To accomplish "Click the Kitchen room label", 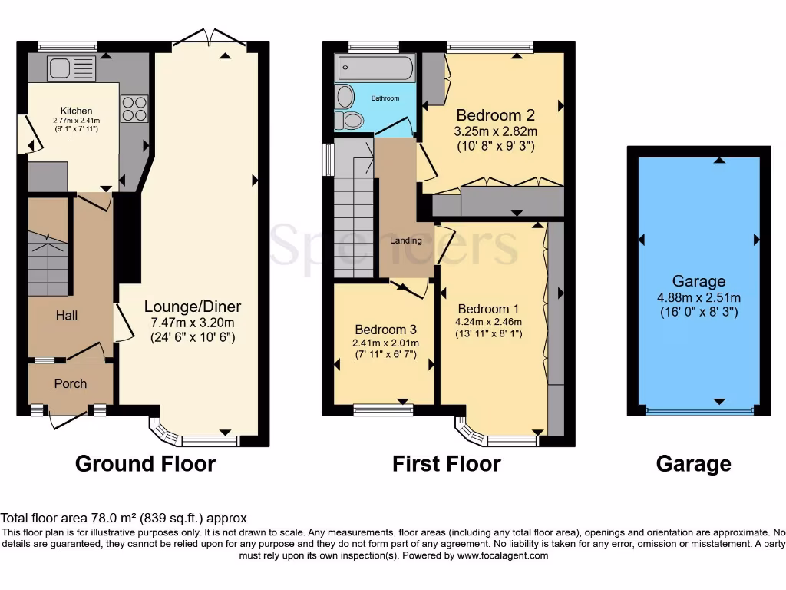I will pyautogui.click(x=77, y=111).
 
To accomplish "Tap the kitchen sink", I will pyautogui.click(x=71, y=68).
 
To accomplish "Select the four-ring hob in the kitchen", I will pyautogui.click(x=134, y=108).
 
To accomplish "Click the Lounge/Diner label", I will pyautogui.click(x=190, y=307).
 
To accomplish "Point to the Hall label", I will pyautogui.click(x=66, y=315).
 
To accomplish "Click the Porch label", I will pyautogui.click(x=70, y=383).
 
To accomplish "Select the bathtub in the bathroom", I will pyautogui.click(x=375, y=68).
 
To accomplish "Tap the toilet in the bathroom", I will pyautogui.click(x=352, y=120).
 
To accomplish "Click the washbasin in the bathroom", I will pyautogui.click(x=346, y=96).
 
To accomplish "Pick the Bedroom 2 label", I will pyautogui.click(x=497, y=115).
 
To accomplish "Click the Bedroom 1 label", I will pyautogui.click(x=480, y=310).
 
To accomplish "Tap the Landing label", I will pyautogui.click(x=406, y=240).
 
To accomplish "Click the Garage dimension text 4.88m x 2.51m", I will pyautogui.click(x=698, y=297).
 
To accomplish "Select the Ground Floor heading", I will pyautogui.click(x=145, y=464).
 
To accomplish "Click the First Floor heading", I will pyautogui.click(x=446, y=464).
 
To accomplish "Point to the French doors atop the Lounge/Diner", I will pyautogui.click(x=209, y=38).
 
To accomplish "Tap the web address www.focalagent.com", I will pyautogui.click(x=503, y=555).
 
